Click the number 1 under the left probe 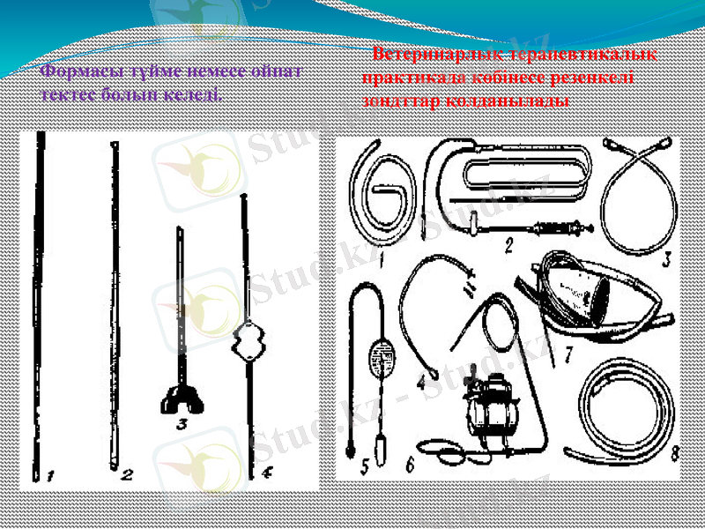(x=52, y=477)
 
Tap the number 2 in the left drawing (x=127, y=475)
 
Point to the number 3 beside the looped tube (x=667, y=258)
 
